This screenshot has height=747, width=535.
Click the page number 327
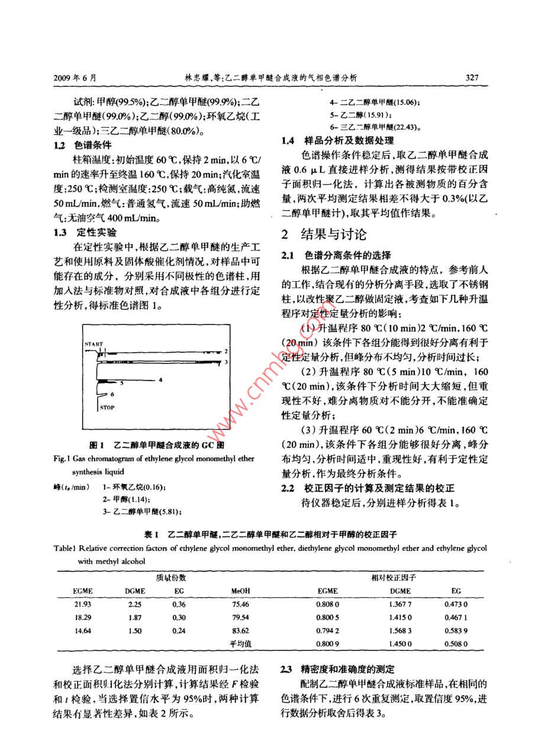pos(471,78)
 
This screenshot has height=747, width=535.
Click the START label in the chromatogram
pos(94,343)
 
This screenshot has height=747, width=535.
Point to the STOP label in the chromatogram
pos(107,407)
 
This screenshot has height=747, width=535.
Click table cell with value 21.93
pos(82,604)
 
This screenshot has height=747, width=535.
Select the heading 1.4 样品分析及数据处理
pos(337,141)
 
